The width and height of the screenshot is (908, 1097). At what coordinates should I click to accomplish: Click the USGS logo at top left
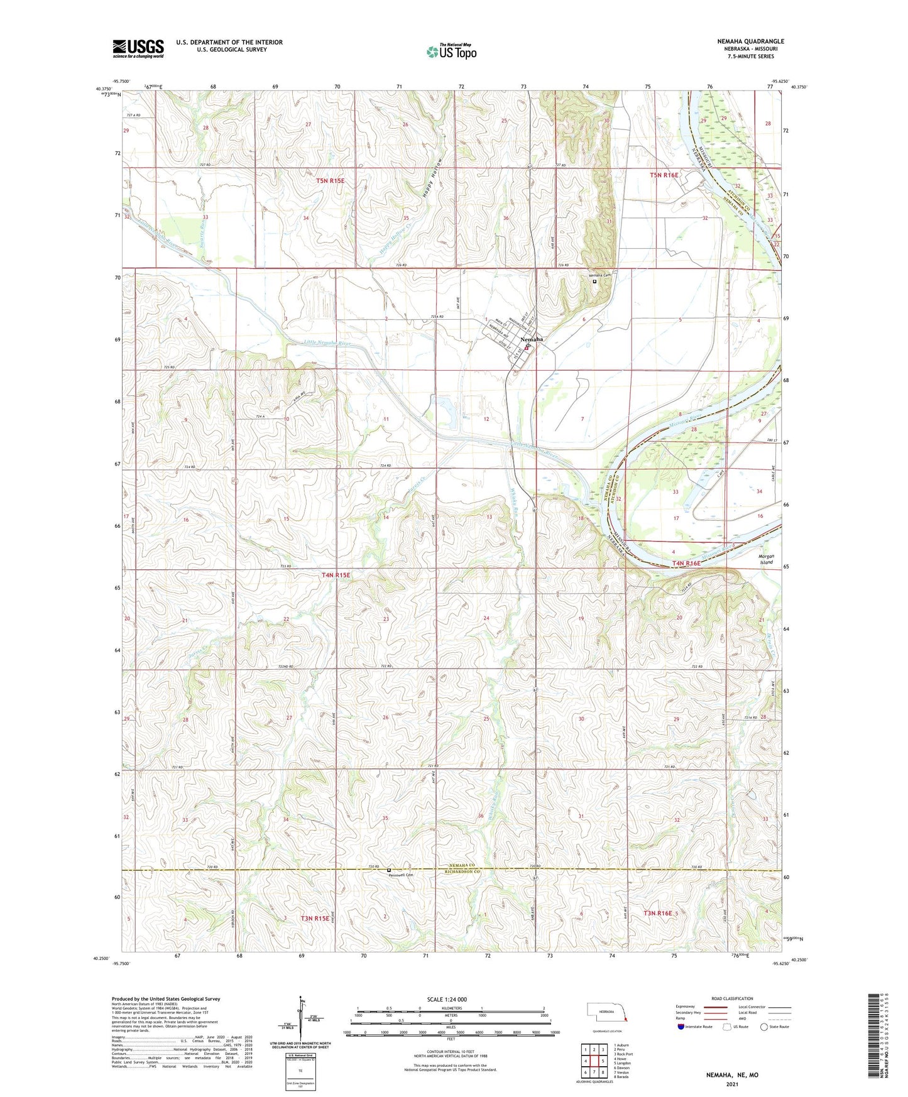138,48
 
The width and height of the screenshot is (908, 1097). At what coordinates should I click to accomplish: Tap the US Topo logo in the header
451,52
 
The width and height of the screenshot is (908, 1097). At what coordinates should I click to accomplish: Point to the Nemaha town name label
532,339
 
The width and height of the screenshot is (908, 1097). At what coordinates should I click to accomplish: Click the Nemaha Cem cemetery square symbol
594,281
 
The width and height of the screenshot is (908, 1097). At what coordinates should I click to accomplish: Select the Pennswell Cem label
402,875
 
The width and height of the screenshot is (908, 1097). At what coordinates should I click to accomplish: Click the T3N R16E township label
657,913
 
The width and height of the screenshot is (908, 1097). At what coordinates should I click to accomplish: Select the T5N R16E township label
664,175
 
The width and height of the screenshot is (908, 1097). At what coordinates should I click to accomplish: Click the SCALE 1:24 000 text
447,999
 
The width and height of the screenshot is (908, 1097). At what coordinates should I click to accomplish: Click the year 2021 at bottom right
731,1084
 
